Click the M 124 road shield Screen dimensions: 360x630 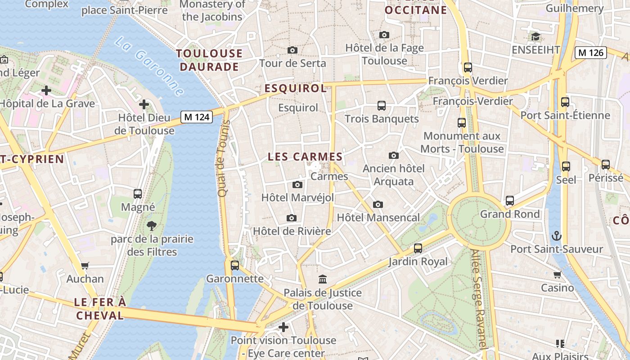tap(197, 117)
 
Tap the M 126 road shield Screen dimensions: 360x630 tap(590, 53)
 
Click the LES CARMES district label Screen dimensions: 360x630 tap(305, 157)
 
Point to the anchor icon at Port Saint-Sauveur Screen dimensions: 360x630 tap(557, 235)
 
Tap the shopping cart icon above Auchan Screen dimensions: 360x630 tap(85, 265)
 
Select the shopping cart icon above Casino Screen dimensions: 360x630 tap(557, 274)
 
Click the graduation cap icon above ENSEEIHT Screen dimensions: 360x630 tap(535, 36)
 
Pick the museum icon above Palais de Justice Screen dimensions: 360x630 tap(322, 279)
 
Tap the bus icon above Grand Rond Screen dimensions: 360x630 tap(509, 201)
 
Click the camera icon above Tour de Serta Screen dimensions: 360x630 tap(292, 50)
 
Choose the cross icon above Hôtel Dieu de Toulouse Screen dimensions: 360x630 tap(144, 105)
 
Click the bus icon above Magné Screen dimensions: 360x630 tap(138, 194)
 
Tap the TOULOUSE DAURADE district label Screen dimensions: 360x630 tap(209, 60)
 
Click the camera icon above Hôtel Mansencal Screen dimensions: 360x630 tap(378, 204)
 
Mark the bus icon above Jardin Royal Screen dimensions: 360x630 tap(418, 248)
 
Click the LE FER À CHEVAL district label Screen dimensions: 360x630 tap(100, 309)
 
